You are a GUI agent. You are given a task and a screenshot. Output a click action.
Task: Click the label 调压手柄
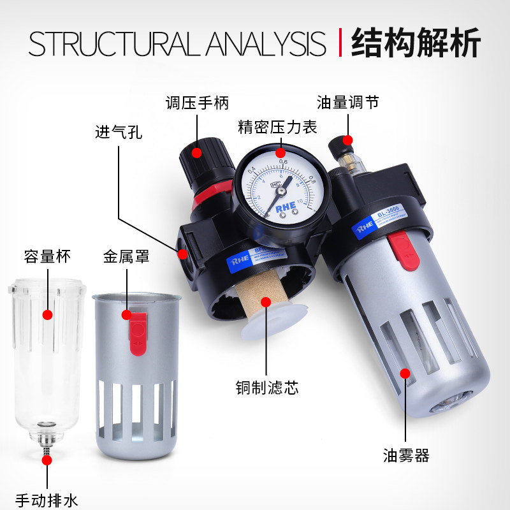pos(197,103)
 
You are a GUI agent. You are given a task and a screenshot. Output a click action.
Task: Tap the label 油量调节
pos(347,103)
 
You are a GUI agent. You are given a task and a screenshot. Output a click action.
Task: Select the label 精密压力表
pos(277,127)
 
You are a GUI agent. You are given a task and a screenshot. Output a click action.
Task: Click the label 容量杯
pos(47,256)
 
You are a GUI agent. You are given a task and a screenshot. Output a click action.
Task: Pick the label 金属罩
pos(126,256)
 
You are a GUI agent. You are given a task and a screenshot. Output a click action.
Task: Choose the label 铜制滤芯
pos(266,388)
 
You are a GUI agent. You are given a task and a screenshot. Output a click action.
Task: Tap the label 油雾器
pos(406,455)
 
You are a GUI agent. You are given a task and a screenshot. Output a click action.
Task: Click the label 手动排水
pos(47,500)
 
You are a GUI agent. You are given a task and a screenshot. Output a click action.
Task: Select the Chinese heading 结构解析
pos(416,42)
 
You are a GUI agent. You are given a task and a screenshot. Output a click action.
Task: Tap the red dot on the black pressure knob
pos(197,152)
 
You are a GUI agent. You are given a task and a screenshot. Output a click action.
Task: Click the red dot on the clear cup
pos(47,314)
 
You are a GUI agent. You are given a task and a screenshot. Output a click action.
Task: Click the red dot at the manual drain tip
pos(47,459)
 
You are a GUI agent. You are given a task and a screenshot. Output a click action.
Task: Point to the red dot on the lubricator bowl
pos(404,374)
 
